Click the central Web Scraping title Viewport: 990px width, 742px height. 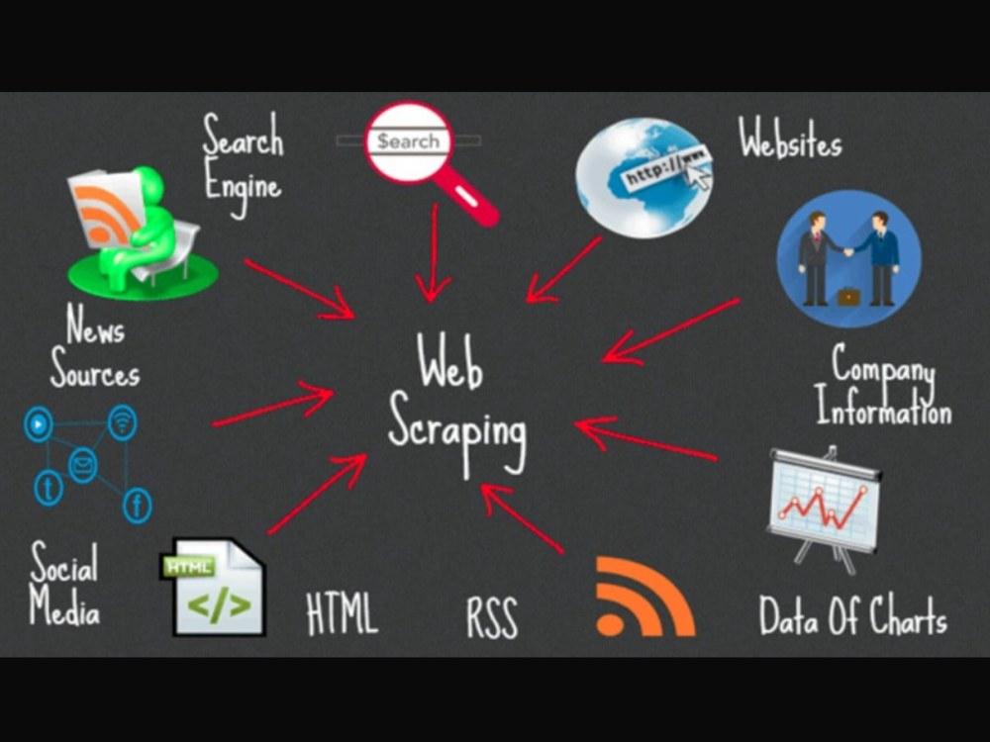457,404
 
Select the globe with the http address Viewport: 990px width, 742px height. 644,178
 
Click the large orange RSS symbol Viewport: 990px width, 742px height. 645,597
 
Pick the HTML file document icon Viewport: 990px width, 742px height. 214,587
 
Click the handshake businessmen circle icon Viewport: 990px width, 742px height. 848,258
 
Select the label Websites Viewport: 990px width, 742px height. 790,138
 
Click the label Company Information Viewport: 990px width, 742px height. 883,385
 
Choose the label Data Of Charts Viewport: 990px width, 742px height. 853,615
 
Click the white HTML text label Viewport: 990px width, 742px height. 342,613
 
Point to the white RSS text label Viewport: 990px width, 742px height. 492,617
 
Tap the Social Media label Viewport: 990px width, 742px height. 64,583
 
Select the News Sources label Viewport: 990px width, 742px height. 95,345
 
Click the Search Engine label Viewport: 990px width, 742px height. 244,165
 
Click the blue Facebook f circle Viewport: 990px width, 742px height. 137,506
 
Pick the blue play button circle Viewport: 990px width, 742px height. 38,424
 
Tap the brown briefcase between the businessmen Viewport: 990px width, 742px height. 848,296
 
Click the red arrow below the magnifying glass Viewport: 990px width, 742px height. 435,252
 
